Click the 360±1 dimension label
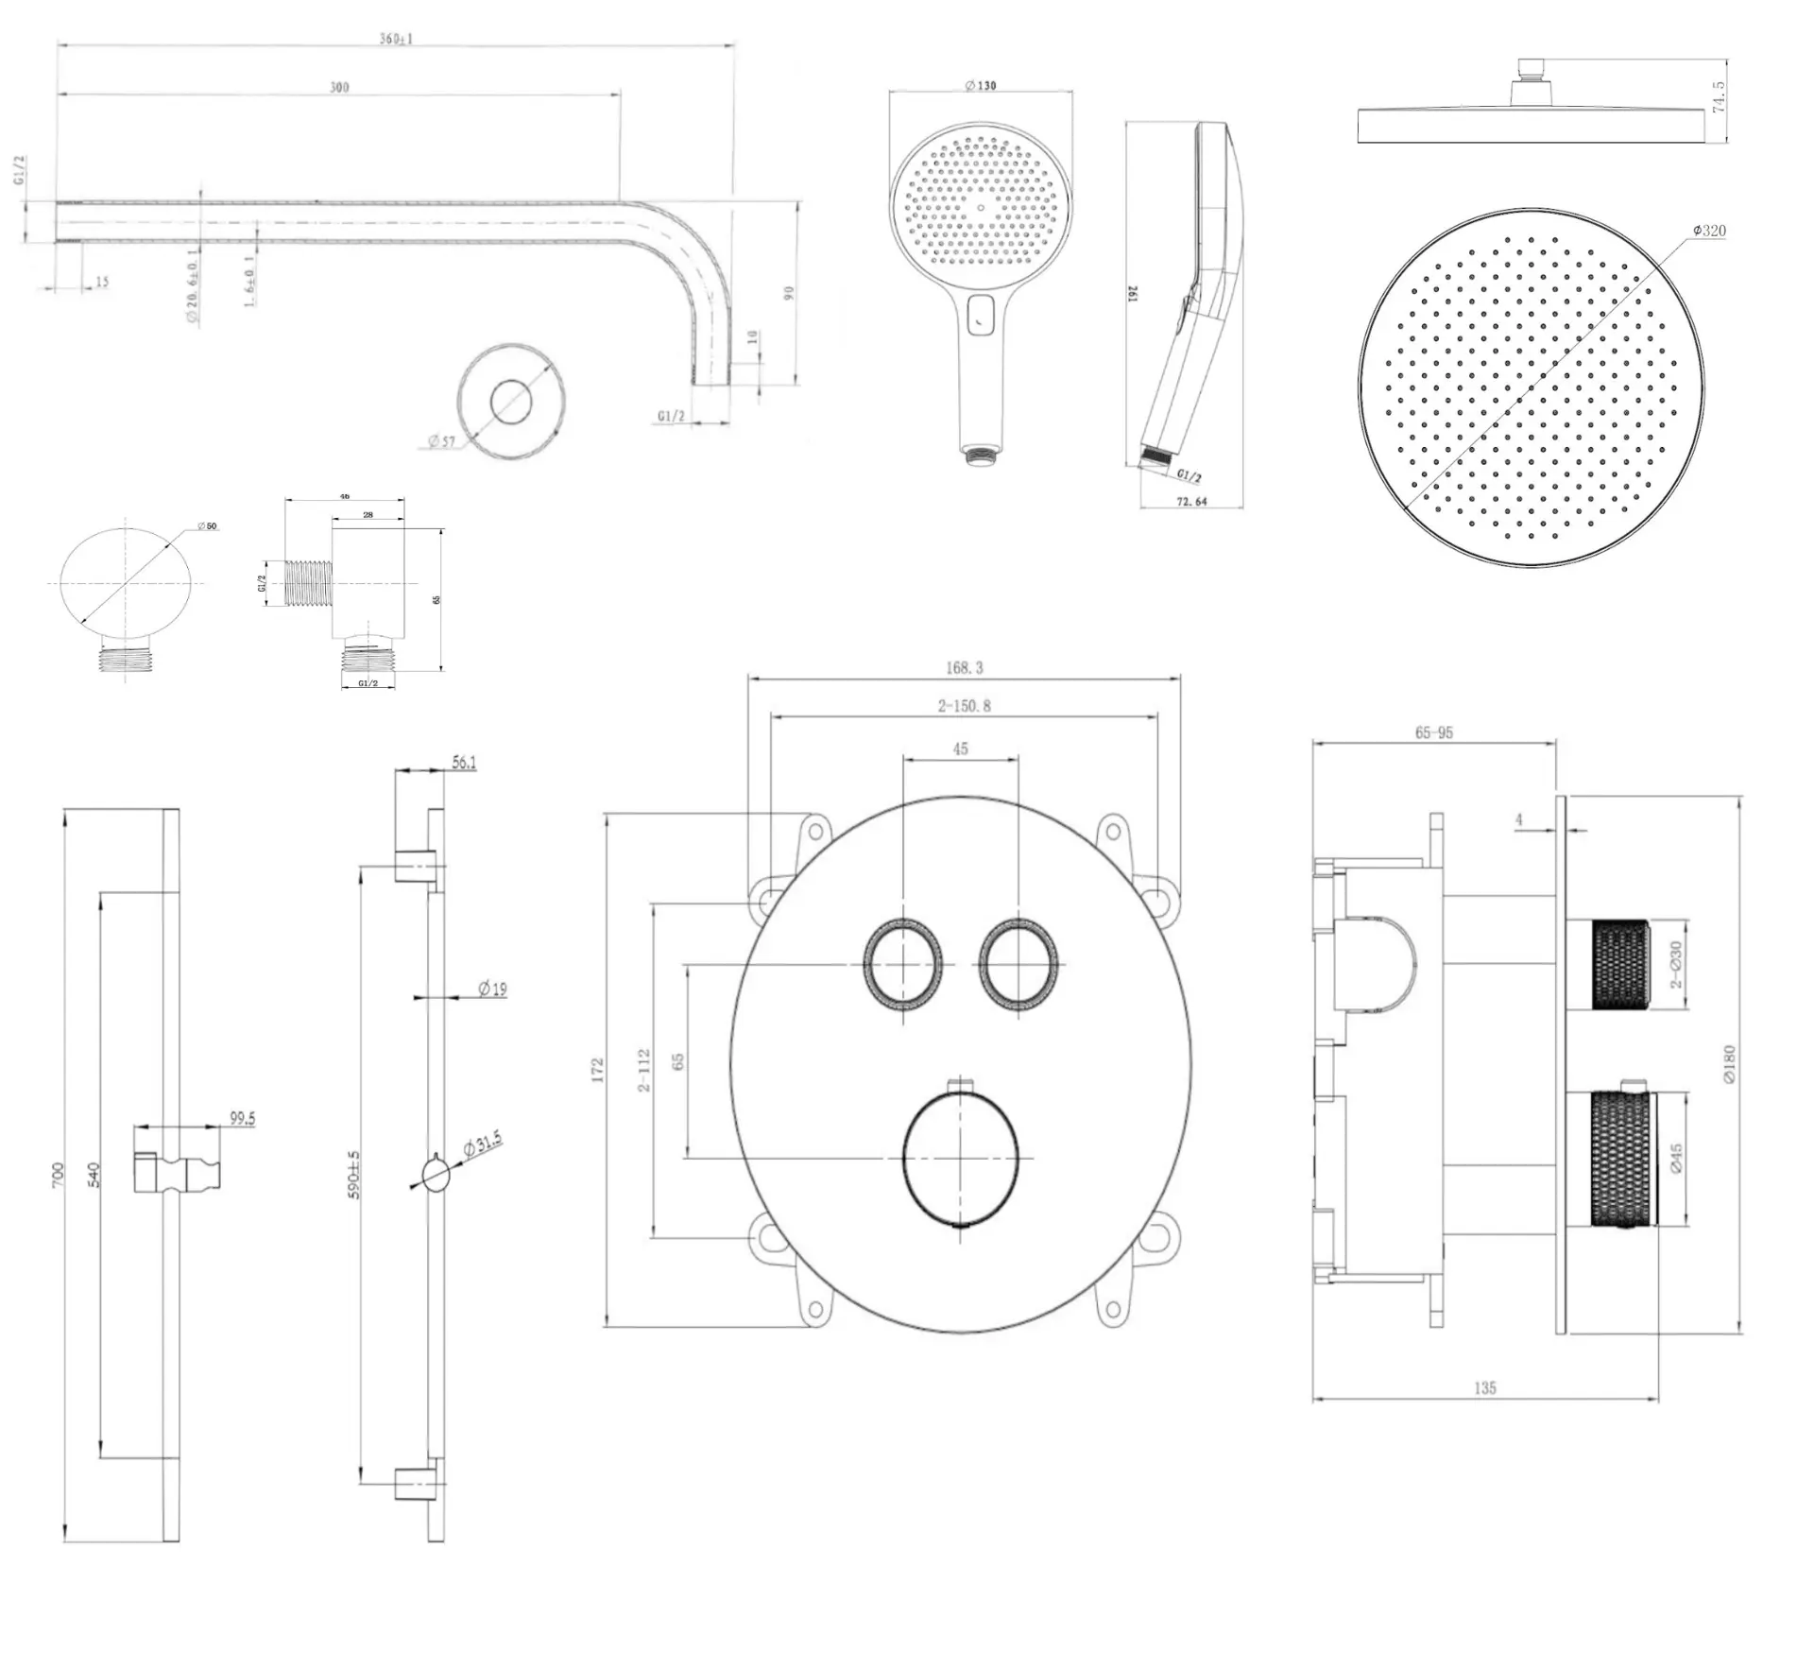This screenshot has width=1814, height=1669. tap(395, 39)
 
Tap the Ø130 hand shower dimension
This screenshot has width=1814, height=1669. tap(980, 85)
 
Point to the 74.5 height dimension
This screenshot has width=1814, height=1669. tap(1719, 97)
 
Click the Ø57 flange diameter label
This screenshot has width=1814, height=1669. tap(441, 441)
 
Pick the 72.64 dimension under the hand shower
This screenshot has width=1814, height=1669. tap(1191, 502)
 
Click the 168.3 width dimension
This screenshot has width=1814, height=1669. tap(964, 668)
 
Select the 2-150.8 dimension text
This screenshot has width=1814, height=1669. tap(964, 706)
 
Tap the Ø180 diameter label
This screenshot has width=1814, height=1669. tap(1729, 1063)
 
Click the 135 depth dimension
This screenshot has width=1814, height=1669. tap(1484, 1388)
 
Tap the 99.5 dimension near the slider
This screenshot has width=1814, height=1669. tap(243, 1119)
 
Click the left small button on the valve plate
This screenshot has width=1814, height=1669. tap(902, 964)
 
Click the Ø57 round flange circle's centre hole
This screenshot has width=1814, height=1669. tap(511, 403)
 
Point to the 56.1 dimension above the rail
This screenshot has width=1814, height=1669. tap(464, 762)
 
